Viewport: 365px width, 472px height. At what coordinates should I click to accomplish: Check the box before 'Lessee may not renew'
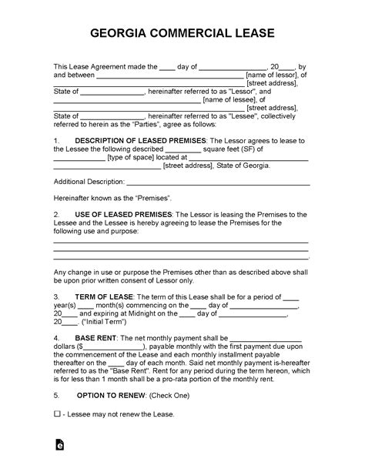(57, 415)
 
